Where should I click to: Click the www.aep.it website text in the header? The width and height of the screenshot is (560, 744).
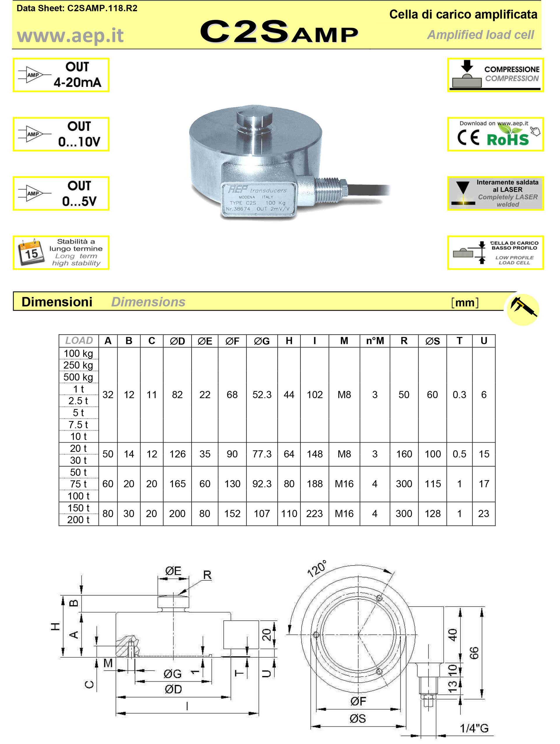click(x=70, y=36)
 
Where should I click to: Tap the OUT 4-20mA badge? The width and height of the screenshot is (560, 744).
click(x=61, y=75)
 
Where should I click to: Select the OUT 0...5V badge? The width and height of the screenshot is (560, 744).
click(x=61, y=193)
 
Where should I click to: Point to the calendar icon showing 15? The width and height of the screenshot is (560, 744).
click(x=31, y=252)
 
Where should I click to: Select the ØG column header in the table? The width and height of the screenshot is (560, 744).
click(x=262, y=341)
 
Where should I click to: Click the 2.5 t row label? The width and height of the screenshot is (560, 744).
click(x=78, y=401)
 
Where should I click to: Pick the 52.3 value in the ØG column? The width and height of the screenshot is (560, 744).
click(x=262, y=394)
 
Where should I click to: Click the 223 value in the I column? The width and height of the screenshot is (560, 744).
click(x=314, y=514)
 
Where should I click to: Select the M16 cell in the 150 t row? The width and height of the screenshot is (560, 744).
click(x=344, y=514)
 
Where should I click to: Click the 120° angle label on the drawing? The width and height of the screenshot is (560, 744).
click(x=317, y=569)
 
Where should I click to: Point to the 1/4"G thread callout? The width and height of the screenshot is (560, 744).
click(x=474, y=728)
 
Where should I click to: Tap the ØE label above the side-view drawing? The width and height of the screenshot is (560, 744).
click(x=173, y=571)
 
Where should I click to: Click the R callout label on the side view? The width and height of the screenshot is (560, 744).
click(x=207, y=575)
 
